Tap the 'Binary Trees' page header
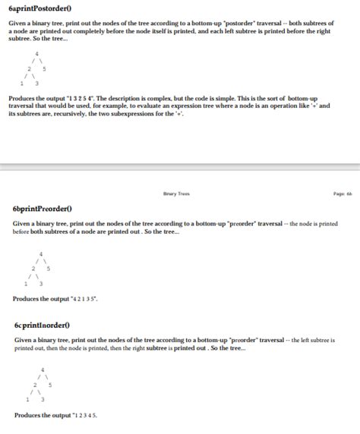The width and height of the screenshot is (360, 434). point(176,193)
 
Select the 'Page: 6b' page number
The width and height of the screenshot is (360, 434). point(343,193)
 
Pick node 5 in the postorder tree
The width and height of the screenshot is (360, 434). point(45,69)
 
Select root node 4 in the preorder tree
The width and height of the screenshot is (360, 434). point(41,253)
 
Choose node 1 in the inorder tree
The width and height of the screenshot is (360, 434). point(27,399)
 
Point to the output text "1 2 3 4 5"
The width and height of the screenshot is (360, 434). point(83,415)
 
